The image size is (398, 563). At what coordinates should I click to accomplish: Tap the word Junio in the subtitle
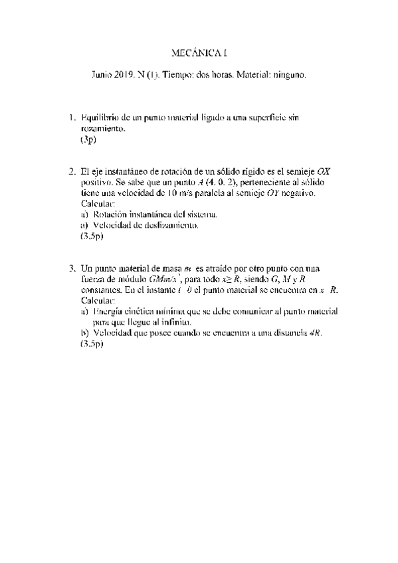103,76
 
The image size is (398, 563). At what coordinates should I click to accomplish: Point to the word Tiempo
175,76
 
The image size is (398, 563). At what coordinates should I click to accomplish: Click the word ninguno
288,76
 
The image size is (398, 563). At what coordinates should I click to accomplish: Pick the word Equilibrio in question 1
99,118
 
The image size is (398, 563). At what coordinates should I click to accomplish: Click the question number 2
72,171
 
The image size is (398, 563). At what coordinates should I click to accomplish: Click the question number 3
72,268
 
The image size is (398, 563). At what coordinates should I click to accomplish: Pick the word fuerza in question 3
93,279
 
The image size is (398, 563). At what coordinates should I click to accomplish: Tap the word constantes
102,289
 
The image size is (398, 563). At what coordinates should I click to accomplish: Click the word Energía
110,311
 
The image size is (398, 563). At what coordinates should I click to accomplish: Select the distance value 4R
315,332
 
